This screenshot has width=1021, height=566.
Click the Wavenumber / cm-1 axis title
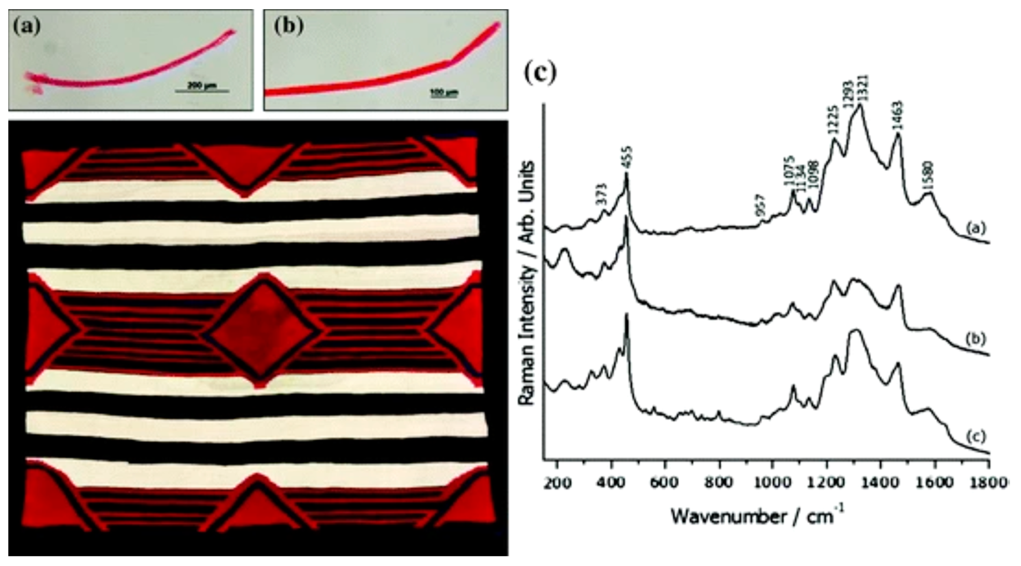757,516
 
